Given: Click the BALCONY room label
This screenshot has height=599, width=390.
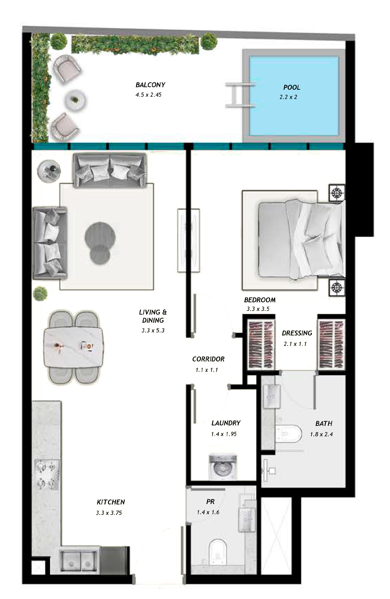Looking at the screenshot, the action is click(x=150, y=85).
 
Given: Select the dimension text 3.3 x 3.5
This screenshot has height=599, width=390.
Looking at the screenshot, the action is click(x=258, y=309).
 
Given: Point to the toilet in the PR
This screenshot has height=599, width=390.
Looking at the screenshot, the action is click(x=217, y=551).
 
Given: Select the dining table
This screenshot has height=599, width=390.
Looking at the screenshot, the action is click(x=74, y=347).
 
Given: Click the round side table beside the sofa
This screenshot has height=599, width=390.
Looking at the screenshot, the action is click(x=49, y=171).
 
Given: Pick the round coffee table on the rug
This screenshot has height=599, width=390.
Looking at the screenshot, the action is click(x=100, y=242).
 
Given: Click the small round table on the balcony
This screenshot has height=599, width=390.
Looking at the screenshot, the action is click(x=75, y=100).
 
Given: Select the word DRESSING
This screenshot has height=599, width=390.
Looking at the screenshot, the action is click(x=297, y=333).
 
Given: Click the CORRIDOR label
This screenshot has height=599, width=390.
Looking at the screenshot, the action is click(x=208, y=359).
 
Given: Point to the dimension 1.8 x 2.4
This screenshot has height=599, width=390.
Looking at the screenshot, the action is click(x=321, y=434).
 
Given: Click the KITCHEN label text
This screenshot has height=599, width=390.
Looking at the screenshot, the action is click(x=111, y=502).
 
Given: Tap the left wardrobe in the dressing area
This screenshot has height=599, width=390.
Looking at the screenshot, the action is click(x=261, y=344).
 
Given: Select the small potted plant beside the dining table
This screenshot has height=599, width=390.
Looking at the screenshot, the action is click(x=40, y=293).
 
